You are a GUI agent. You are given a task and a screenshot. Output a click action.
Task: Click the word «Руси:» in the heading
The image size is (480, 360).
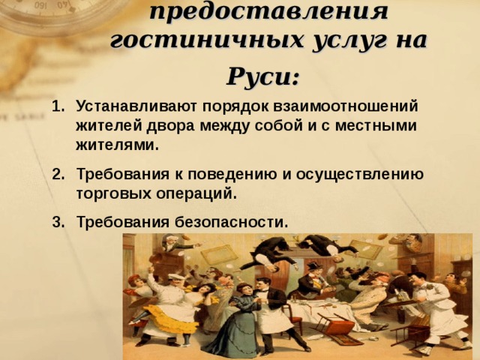click(x=263, y=76)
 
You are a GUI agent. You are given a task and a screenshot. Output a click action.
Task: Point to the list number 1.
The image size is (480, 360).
click(x=58, y=106)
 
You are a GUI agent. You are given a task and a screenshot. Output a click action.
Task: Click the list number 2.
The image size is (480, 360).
click(x=58, y=175)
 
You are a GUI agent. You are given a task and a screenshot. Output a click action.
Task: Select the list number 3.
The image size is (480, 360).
click(x=58, y=223)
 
